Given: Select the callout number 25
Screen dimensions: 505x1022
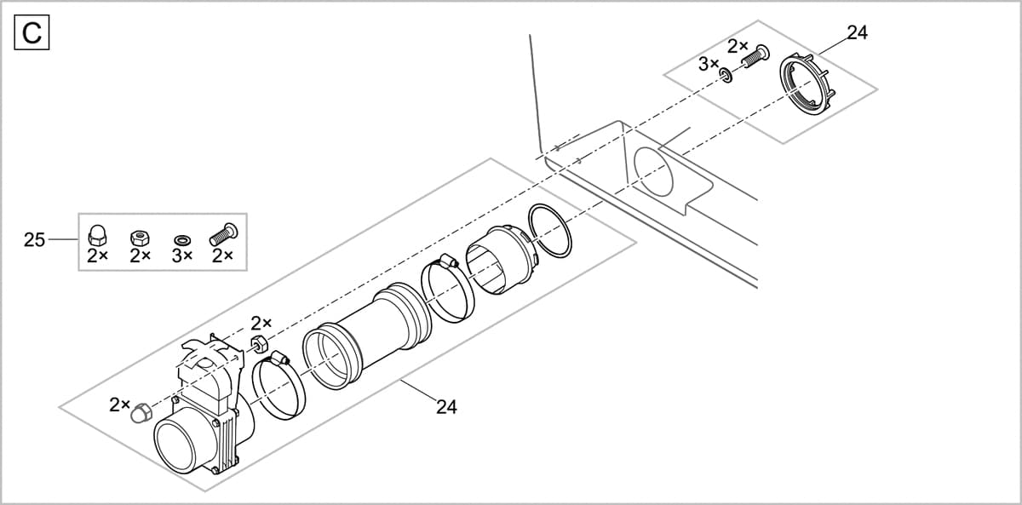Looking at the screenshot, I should pos(34,240).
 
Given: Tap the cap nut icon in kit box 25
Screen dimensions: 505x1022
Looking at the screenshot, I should pos(96,235).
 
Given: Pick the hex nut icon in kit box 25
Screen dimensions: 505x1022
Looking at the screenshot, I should pos(137,237).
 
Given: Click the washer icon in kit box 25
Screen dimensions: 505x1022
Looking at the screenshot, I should pos(181,239).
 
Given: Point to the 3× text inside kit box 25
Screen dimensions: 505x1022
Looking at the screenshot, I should pos(181,255).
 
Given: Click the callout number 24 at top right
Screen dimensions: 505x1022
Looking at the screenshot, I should pos(857,33).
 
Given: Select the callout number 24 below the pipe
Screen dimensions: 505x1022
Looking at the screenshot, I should pos(446,407).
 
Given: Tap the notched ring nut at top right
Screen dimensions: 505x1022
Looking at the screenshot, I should pos(808,84).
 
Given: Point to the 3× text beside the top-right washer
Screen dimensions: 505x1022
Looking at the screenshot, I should pos(709,64).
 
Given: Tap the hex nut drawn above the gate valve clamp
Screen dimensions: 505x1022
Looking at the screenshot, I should pos(261,344).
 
